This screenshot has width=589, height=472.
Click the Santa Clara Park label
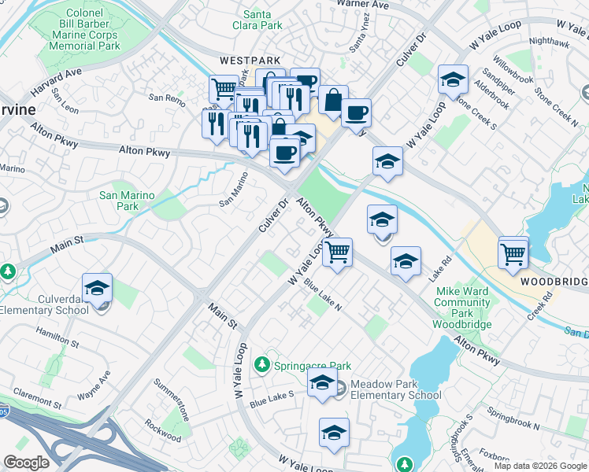(x=263, y=20)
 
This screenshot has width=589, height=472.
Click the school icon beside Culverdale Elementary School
(x=97, y=289)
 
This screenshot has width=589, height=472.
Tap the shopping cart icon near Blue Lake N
(x=337, y=253)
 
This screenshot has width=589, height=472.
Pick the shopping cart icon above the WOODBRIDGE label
(x=513, y=253)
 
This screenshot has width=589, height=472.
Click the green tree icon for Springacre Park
(x=262, y=365)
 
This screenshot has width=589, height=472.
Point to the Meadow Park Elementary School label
(x=396, y=389)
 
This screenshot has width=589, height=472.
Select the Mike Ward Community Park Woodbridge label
(x=463, y=308)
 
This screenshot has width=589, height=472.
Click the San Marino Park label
(x=119, y=201)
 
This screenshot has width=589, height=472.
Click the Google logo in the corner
(x=27, y=463)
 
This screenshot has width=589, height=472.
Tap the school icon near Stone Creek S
(x=453, y=80)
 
